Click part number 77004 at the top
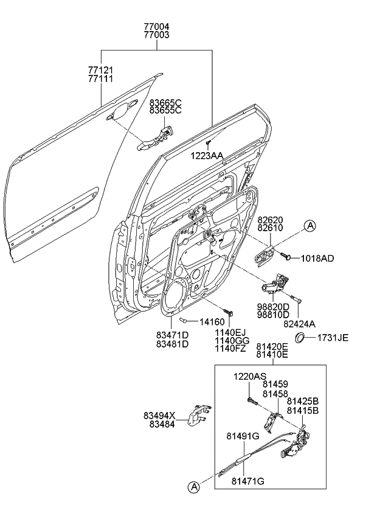pyautogui.click(x=156, y=27)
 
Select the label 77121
pyautogui.click(x=101, y=72)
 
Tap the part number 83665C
pyautogui.click(x=165, y=103)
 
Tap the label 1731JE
pyautogui.click(x=332, y=338)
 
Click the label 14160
pyautogui.click(x=212, y=321)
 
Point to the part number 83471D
pyautogui.click(x=172, y=335)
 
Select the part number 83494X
pyautogui.click(x=159, y=416)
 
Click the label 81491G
pyautogui.click(x=243, y=436)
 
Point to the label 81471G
pyautogui.click(x=247, y=481)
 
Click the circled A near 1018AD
pyautogui.click(x=310, y=227)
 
